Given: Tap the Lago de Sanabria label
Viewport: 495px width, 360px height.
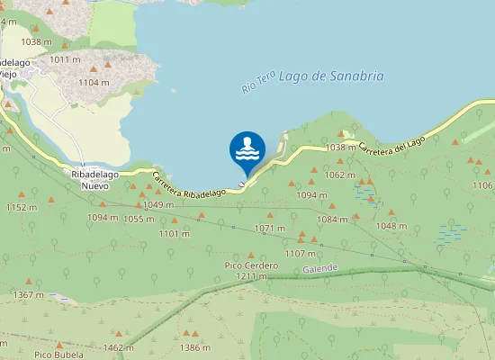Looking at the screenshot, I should coord(331,76).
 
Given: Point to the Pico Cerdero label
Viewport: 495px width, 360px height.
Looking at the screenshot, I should coord(251,265).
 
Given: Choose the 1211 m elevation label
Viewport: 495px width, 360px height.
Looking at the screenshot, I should coord(251,276).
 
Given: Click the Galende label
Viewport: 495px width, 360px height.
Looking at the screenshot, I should coord(320,268).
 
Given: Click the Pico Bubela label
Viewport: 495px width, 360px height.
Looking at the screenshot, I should coord(58,355).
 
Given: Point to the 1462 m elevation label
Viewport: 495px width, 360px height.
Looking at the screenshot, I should coord(119,347).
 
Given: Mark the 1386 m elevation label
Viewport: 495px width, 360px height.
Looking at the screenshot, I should coord(195,347).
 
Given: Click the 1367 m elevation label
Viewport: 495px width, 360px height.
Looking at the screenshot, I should coord(29,295).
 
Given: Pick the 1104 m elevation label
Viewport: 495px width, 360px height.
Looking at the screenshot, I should coord(94,82).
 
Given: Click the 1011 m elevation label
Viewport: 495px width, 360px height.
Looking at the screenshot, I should coord(66,59).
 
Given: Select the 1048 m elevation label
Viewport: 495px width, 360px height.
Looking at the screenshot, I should coord(391,226).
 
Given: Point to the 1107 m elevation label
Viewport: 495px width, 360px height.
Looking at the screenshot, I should coord(301,254).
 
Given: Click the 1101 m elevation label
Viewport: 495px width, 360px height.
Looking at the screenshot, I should coord(174,234).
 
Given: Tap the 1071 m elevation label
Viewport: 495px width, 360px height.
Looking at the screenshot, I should coord(270,228).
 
